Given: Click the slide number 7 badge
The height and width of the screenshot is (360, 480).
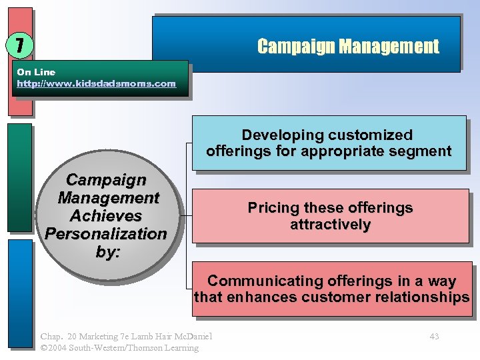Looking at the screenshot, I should [x=19, y=45].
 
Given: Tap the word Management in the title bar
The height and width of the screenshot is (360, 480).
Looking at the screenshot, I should [x=389, y=47].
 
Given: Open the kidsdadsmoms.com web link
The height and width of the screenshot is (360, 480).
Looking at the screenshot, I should [x=96, y=84].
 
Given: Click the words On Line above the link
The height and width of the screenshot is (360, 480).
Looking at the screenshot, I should [x=36, y=72].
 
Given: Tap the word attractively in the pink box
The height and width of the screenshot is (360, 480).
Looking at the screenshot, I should [x=330, y=225].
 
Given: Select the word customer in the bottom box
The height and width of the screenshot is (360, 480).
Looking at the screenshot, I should [x=347, y=297].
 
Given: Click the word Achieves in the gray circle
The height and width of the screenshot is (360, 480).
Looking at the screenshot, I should [x=106, y=216].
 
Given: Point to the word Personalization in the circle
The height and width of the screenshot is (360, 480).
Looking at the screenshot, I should [x=106, y=234].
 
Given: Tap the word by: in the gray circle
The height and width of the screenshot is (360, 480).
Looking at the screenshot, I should [x=106, y=252].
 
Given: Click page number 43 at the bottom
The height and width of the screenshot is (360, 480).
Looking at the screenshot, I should [x=434, y=337].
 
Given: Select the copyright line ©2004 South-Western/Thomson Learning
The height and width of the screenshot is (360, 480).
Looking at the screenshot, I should [x=119, y=348].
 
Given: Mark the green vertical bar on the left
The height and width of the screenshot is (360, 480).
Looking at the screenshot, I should [x=21, y=177].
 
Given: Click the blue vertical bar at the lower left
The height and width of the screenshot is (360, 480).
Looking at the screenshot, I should [x=21, y=293].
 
